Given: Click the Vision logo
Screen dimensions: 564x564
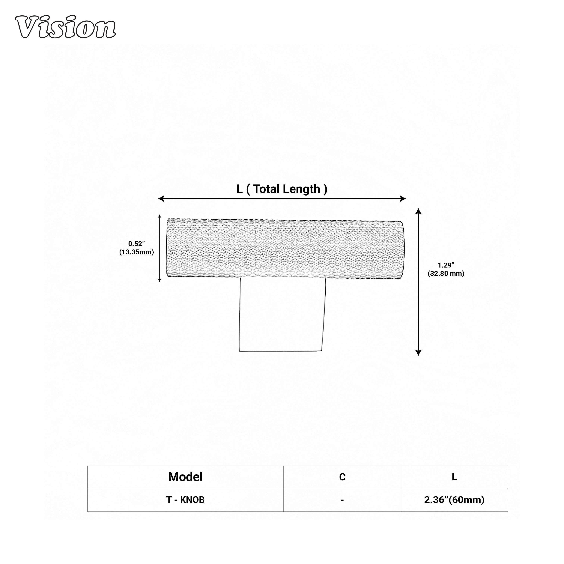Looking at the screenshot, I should point(65,27).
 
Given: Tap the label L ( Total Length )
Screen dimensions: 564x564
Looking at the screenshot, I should point(282,189).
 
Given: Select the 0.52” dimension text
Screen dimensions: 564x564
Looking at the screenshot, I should point(136,243).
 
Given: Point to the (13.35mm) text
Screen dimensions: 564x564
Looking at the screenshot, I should point(136,252).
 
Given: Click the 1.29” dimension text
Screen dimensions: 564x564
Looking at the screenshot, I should point(446,265).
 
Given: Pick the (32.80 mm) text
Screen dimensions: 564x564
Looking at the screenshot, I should point(446,274).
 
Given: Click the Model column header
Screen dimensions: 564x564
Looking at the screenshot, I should point(185,477).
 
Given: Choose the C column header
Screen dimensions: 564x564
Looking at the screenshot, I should point(342,477).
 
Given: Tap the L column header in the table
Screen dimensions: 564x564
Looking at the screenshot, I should point(454,477).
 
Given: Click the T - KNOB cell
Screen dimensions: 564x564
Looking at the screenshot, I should point(185,500).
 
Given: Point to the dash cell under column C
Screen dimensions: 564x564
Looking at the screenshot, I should point(342,500).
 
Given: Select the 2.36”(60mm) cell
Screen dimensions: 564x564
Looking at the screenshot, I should point(454,500).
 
